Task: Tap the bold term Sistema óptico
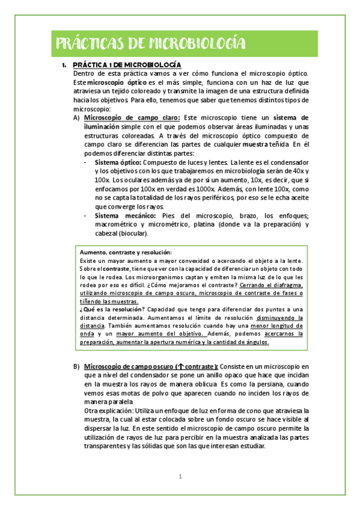(x=118, y=163)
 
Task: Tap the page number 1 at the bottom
(x=180, y=477)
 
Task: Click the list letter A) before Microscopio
(x=76, y=118)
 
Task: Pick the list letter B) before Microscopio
(x=76, y=366)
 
